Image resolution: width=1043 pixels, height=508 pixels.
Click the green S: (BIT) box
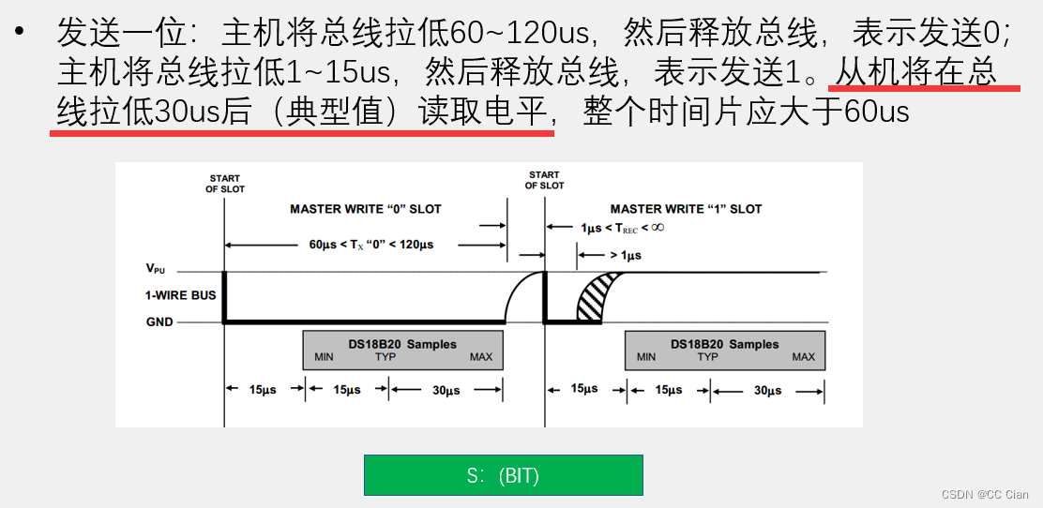503,475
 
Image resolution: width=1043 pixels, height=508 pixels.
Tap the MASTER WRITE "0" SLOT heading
365,209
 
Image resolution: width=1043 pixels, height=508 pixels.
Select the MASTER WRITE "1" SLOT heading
686,209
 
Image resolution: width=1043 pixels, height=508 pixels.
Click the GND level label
159,321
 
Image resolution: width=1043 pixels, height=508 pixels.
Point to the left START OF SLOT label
225,184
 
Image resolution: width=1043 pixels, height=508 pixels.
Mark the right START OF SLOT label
544,180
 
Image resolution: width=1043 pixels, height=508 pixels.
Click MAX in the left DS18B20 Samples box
481,357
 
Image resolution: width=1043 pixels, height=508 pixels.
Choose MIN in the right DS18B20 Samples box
646,357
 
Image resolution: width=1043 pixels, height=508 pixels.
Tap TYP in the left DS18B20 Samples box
385,357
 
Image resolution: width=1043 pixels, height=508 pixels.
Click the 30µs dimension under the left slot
446,390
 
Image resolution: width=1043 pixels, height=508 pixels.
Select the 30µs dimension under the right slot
767,390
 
